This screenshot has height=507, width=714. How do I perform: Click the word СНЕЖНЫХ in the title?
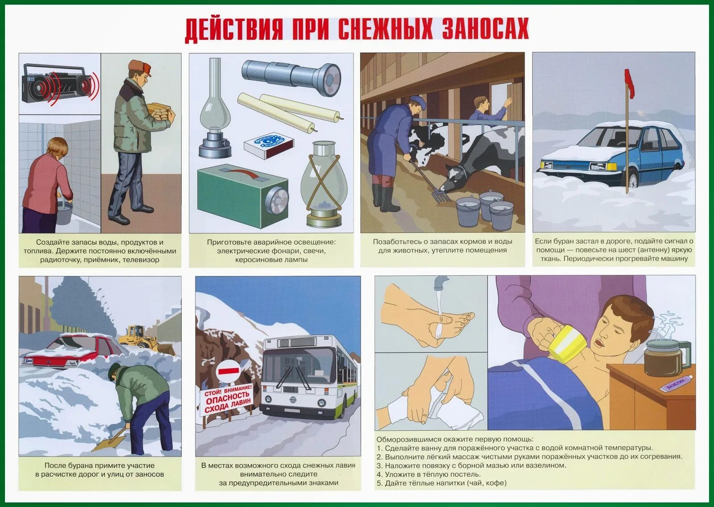tap(385, 29)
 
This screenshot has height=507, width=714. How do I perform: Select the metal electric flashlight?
tap(291, 77)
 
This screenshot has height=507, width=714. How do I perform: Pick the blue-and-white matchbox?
tap(269, 145)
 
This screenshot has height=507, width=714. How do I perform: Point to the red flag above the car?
tap(630, 83)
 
